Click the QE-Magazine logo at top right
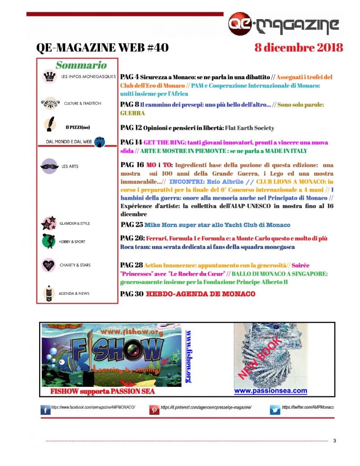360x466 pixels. click(x=284, y=24)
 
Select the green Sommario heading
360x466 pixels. click(x=81, y=65)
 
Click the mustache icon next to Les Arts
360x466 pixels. click(x=50, y=166)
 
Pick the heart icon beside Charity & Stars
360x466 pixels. click(x=49, y=265)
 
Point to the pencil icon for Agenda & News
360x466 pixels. click(x=48, y=293)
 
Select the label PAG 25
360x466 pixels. click(x=132, y=225)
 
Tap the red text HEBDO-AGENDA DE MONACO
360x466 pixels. click(x=200, y=294)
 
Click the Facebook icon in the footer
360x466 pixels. click(x=46, y=410)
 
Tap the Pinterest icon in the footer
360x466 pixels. click(x=155, y=410)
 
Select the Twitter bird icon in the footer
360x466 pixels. click(x=275, y=410)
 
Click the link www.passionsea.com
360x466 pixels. click(x=270, y=391)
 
